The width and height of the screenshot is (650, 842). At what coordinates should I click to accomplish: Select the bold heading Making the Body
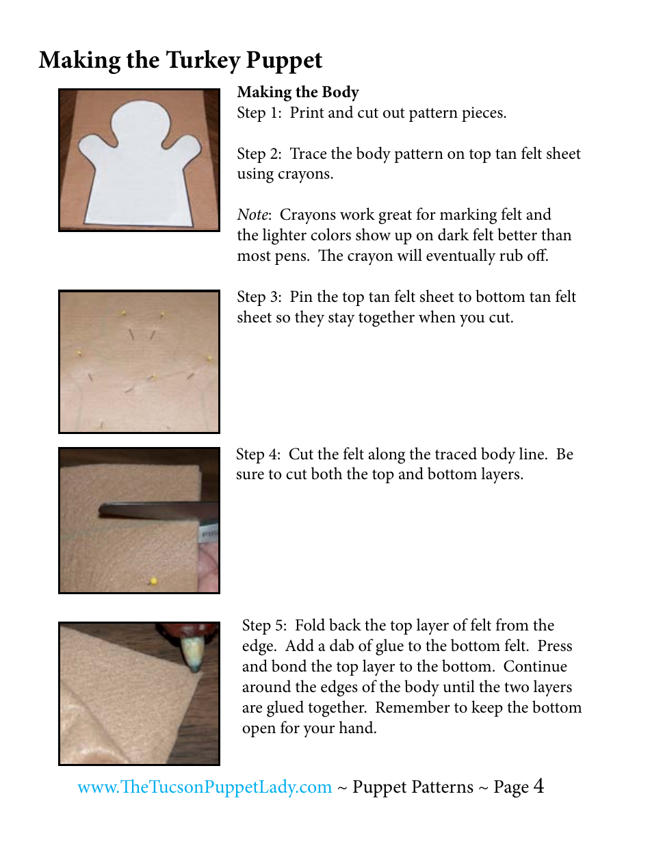point(298,92)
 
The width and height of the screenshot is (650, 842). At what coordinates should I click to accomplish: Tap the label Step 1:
point(259,113)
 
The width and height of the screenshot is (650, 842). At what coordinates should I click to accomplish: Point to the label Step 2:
point(259,154)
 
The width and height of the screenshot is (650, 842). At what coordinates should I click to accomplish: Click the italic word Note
point(251,215)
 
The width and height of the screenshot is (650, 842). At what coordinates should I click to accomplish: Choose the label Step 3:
point(259,297)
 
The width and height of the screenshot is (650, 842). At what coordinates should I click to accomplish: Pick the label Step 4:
point(259,455)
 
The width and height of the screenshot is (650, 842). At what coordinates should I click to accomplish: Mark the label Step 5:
point(265,626)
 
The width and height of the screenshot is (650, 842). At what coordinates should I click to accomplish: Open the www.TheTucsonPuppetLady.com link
point(205,787)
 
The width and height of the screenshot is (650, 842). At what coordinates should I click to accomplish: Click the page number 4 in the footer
point(539,786)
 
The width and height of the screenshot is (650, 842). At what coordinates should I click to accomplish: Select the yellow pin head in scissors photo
point(153,581)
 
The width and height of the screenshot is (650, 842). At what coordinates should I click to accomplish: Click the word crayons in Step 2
point(304,175)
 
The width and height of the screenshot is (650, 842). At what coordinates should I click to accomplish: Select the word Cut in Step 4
point(300,455)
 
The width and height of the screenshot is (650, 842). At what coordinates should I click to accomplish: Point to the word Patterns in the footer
point(434,788)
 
